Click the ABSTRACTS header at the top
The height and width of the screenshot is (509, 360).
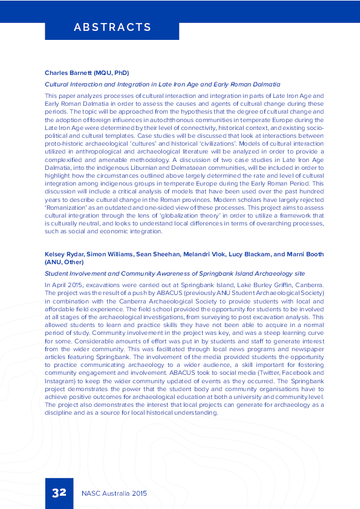pyautogui.click(x=112, y=27)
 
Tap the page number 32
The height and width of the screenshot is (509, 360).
pyautogui.click(x=59, y=493)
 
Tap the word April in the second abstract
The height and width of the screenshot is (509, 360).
pyautogui.click(x=60, y=285)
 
